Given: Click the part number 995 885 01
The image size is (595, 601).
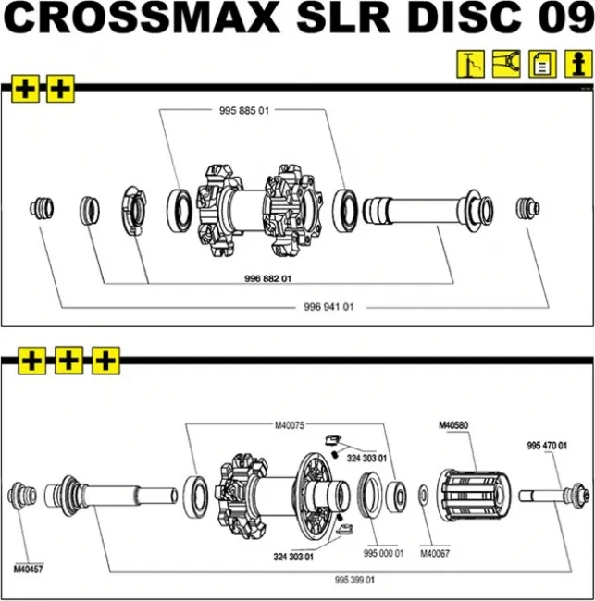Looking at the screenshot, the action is click(x=244, y=111).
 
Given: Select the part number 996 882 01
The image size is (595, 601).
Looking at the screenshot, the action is click(x=267, y=278).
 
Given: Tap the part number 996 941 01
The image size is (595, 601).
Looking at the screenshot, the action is click(x=328, y=307).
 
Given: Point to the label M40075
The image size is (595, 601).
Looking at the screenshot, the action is click(x=290, y=425).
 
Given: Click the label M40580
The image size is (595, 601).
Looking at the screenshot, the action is click(x=453, y=425).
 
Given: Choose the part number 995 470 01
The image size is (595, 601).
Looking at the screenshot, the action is click(x=547, y=446).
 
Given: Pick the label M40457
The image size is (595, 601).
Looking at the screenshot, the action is click(x=29, y=570).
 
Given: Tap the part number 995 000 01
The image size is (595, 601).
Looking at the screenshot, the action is click(x=384, y=553).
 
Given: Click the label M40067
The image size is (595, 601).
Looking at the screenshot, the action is click(x=435, y=553).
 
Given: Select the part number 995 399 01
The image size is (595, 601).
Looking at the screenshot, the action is click(x=354, y=580).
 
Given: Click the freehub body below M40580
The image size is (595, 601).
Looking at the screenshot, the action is click(x=475, y=496).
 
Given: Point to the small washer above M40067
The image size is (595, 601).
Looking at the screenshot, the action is click(x=423, y=495).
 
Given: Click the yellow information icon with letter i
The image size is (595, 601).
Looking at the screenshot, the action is click(x=578, y=64).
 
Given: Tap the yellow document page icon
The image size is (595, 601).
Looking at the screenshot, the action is click(x=542, y=64).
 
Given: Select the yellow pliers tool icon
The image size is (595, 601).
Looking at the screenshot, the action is click(x=506, y=64).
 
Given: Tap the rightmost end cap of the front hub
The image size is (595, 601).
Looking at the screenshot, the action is click(x=527, y=209).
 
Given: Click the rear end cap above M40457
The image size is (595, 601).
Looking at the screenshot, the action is click(x=22, y=496).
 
